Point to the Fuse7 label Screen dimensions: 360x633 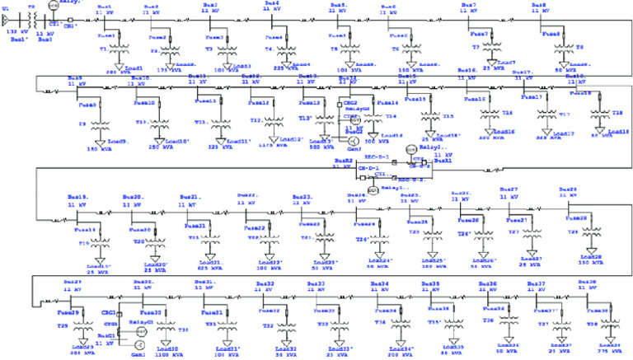coord(481,33)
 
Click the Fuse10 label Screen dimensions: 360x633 coord(146,102)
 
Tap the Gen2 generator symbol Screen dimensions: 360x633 coord(356,121)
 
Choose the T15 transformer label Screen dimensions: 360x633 coord(448,116)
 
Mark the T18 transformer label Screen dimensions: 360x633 coord(617,110)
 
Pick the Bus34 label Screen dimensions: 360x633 coord(380,283)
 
